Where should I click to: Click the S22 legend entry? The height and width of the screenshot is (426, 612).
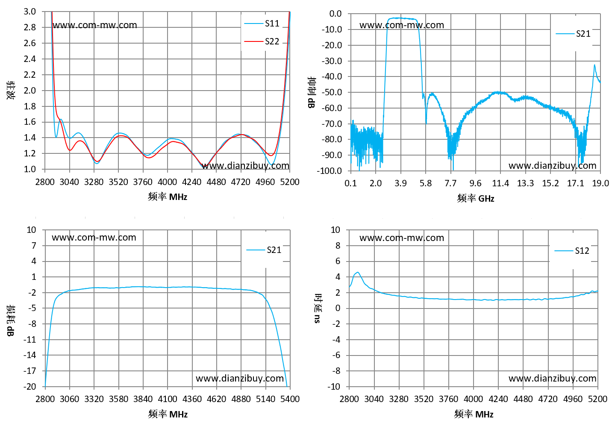262,41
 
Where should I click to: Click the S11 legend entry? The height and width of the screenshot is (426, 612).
262,24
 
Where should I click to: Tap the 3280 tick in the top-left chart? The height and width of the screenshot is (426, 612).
94,182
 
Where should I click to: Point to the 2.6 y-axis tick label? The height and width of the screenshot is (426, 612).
30,43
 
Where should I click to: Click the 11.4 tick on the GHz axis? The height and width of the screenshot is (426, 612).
500,183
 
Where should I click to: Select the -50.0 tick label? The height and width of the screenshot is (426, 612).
332,92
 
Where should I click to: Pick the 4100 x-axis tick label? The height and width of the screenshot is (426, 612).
168,399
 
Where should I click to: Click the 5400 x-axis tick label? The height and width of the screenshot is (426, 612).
290,399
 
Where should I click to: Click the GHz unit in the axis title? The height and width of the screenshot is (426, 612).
486,199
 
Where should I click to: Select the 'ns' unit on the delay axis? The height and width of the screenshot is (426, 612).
317,319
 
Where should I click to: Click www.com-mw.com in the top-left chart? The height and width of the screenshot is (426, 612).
94,25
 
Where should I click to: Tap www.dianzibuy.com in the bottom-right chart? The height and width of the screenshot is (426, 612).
553,378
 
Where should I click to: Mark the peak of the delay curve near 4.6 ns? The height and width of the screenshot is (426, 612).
358,272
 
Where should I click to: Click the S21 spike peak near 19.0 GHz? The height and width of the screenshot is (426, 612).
594,65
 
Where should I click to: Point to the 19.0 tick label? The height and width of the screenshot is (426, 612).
600,183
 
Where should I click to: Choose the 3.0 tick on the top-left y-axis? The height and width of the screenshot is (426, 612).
30,12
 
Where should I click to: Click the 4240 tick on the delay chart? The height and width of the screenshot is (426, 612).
498,399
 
